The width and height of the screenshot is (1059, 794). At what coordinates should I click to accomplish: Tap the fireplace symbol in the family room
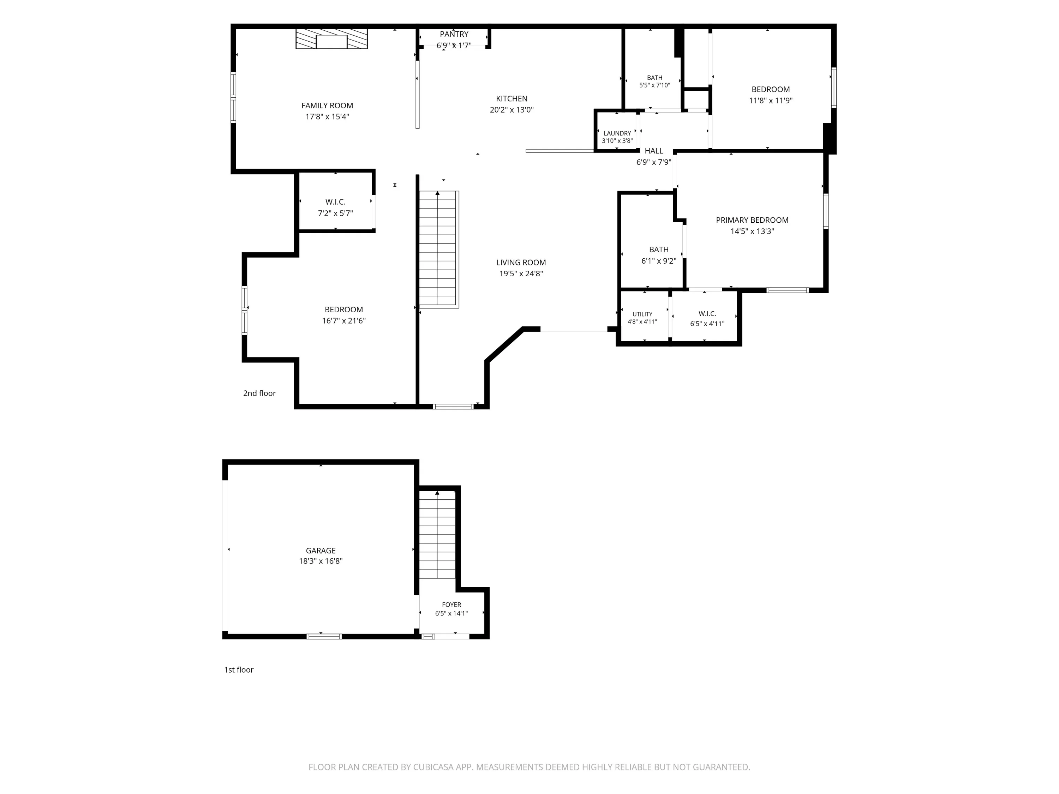coord(331,39)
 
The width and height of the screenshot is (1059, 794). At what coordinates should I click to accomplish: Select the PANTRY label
coord(454,34)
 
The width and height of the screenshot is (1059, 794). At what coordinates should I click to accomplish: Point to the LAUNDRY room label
coord(617,133)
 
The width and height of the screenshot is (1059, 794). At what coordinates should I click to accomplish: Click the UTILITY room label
coord(642,314)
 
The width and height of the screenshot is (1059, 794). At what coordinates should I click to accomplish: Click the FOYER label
coord(451,604)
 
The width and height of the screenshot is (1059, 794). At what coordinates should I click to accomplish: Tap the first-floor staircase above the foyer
coord(437,535)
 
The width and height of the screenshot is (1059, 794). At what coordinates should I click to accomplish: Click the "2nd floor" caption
coord(259,393)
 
